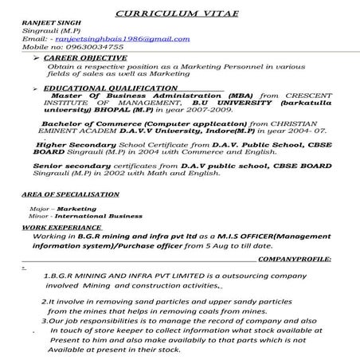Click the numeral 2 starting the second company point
pos(43,303)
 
